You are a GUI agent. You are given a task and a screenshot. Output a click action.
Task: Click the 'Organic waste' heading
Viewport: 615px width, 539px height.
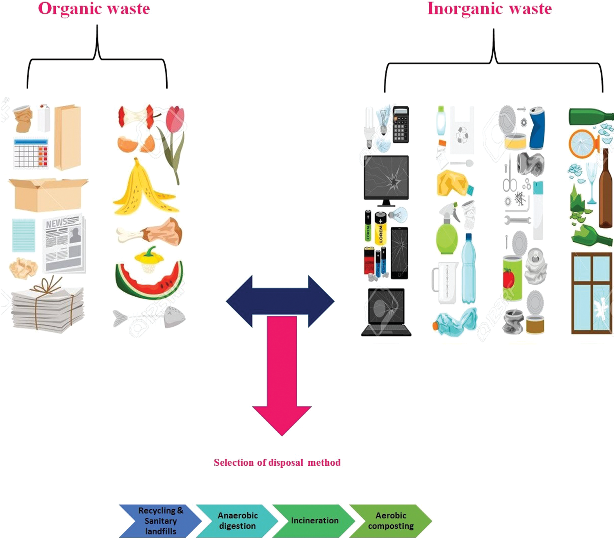[x=94, y=9]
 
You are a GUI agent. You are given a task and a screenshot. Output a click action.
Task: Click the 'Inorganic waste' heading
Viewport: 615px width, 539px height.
[x=489, y=9]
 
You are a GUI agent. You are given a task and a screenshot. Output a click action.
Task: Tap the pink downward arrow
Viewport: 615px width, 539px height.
[x=282, y=377]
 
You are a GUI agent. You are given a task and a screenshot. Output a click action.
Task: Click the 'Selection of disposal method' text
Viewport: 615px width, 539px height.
[x=277, y=462]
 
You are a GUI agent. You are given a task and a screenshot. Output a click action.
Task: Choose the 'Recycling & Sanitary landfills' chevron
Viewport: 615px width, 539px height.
[x=160, y=521]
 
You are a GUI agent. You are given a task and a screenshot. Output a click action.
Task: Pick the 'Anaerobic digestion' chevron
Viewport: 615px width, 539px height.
[x=237, y=521]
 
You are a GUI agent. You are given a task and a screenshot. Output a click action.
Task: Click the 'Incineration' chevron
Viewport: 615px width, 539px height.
[x=314, y=521]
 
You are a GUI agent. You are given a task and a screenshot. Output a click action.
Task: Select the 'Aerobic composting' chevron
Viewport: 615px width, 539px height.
[x=391, y=521]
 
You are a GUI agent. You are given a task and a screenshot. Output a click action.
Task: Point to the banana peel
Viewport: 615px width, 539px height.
[x=143, y=189]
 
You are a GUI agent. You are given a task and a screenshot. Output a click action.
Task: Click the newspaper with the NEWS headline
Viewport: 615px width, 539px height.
[x=64, y=244]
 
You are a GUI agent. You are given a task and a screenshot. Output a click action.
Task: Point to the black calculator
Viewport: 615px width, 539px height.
[x=401, y=124]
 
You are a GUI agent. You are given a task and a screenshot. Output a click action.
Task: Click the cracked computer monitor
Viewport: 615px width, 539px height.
[x=386, y=180]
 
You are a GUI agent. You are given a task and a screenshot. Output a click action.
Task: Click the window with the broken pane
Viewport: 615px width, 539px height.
[x=591, y=293]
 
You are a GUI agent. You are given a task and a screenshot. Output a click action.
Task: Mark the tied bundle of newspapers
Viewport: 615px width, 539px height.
[x=47, y=305]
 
